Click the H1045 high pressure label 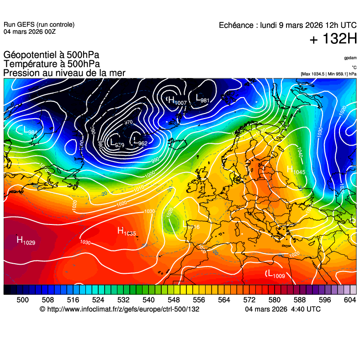coord(296,170)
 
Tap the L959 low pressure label coord(117,143)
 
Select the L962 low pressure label coord(139,142)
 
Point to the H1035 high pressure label coord(127,231)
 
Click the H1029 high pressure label coord(26,240)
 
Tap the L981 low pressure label coord(202,99)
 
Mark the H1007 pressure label coord(177,101)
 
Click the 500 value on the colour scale coord(22,299)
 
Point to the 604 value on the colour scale coord(349,299)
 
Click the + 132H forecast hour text coord(333,40)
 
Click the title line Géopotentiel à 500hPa coord(51,55)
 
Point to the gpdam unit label coord(350,58)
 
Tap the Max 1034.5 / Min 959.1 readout coord(328,74)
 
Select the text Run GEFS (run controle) coord(39,25)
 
